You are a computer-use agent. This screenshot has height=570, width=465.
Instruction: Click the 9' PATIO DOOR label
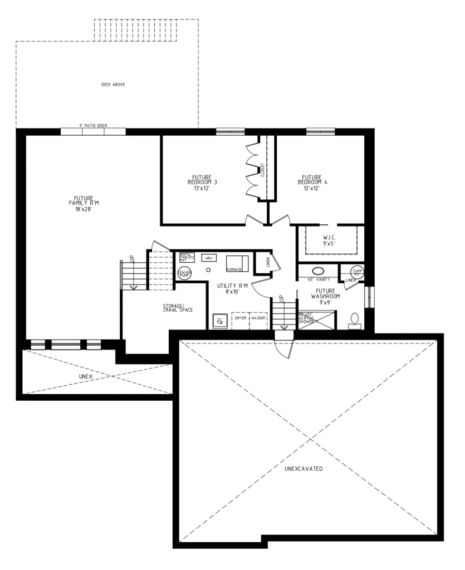pos(93,126)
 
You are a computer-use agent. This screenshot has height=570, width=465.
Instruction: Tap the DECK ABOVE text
pos(113,85)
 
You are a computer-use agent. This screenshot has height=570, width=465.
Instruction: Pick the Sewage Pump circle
pos(184,273)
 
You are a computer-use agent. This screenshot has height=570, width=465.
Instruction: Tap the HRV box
pos(209,259)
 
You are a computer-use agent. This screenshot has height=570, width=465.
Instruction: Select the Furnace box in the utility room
pos(237,263)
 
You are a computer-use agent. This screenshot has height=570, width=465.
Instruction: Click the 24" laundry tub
pos(219,321)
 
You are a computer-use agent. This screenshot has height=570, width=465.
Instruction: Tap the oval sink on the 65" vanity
pos(318,272)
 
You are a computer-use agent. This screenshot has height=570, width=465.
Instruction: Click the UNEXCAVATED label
pos(304,469)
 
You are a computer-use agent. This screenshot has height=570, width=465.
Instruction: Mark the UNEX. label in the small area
pos(86,376)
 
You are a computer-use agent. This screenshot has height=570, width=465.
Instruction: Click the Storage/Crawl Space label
pos(178,307)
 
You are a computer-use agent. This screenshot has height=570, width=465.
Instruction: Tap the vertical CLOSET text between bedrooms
pos(262,170)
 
